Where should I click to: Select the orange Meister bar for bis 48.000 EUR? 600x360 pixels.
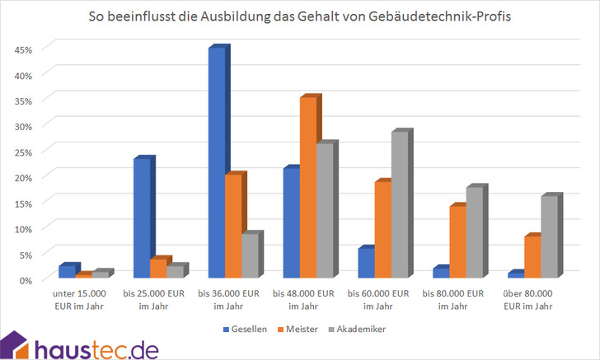307,188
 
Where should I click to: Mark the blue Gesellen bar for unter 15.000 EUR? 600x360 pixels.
68,271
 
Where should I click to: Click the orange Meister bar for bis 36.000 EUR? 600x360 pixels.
233,226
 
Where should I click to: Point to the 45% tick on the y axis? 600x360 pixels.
24,49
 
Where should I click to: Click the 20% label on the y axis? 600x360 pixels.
24,177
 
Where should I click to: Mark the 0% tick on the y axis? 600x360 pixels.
26,280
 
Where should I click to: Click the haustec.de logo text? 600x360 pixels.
96,348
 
